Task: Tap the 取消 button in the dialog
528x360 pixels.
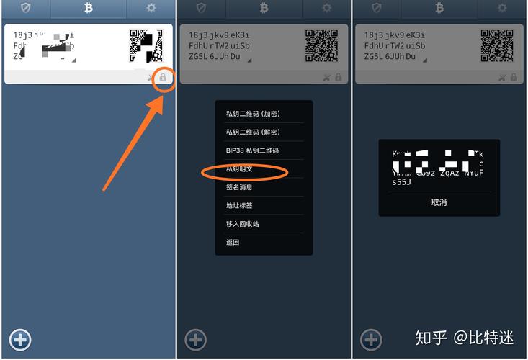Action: tap(439, 202)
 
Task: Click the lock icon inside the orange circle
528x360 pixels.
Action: tap(163, 77)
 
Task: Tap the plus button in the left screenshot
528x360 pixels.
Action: tap(20, 339)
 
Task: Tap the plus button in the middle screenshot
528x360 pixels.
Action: tap(196, 339)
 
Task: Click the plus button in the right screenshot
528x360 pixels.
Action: tap(371, 339)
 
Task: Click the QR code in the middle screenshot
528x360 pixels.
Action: tap(321, 45)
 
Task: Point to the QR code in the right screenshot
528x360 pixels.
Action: tap(496, 45)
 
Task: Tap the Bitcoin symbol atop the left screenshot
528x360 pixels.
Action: tap(89, 8)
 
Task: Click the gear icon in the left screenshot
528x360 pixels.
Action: tap(151, 8)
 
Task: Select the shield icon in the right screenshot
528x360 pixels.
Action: tap(376, 8)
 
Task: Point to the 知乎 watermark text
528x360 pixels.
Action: tap(431, 337)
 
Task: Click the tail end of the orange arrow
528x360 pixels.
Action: tap(104, 190)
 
